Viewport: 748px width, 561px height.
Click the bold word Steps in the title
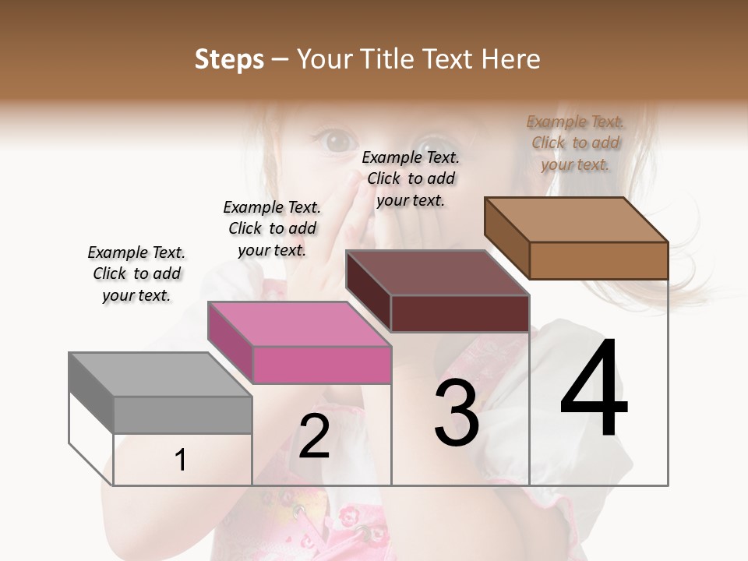click(229, 59)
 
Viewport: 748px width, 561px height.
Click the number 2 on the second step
click(314, 436)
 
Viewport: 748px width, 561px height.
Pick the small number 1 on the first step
click(181, 460)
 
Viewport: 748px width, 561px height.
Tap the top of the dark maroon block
click(437, 273)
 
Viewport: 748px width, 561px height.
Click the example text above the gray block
click(136, 273)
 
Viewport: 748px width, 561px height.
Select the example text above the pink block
click(272, 228)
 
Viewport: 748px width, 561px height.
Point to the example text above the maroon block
click(411, 178)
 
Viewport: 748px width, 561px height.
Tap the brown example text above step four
click(575, 143)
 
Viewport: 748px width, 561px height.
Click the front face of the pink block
click(322, 365)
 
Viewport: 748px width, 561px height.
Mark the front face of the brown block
click(598, 260)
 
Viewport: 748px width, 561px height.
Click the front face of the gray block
click(183, 415)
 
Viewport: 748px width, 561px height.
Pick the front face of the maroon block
click(460, 313)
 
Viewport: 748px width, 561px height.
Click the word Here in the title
click(510, 59)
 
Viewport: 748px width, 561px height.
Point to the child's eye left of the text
click(337, 141)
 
